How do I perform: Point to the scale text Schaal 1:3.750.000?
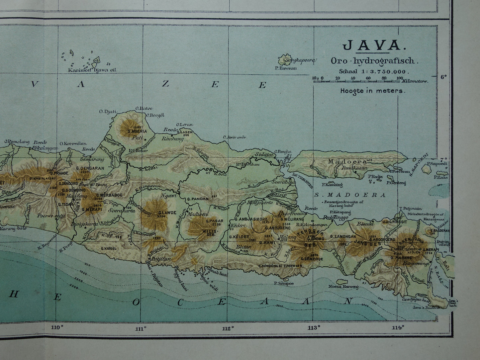click(374, 71)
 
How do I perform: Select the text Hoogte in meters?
click(373, 90)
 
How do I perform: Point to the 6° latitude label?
click(444, 77)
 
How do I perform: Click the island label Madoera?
click(347, 161)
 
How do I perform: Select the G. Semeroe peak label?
click(312, 259)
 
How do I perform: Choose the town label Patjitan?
click(161, 258)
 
